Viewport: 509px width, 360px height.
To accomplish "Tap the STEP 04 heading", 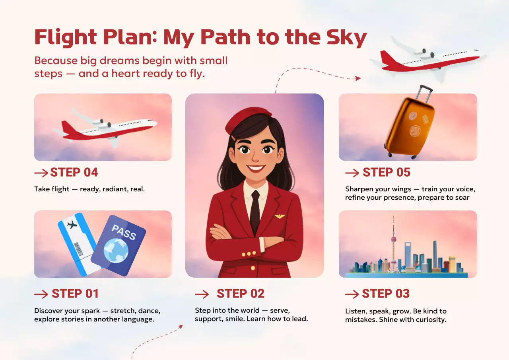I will coord(74,173).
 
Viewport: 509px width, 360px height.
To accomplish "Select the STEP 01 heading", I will coord(75,294).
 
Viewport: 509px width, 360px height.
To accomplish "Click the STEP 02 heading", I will coord(241,294).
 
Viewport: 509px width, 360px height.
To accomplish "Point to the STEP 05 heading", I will coord(386,173).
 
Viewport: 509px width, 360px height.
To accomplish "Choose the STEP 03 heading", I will coord(385,294).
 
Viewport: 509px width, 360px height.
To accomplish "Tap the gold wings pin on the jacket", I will coord(280,216).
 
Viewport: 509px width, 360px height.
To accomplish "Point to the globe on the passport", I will coord(116,250).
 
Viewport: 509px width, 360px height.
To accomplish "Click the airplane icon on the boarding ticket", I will coord(72,225).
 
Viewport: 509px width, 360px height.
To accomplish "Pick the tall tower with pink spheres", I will coord(393,243).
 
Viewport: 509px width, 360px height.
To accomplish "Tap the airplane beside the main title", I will coord(429,60).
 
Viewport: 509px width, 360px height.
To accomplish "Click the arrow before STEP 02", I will coord(202,294).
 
